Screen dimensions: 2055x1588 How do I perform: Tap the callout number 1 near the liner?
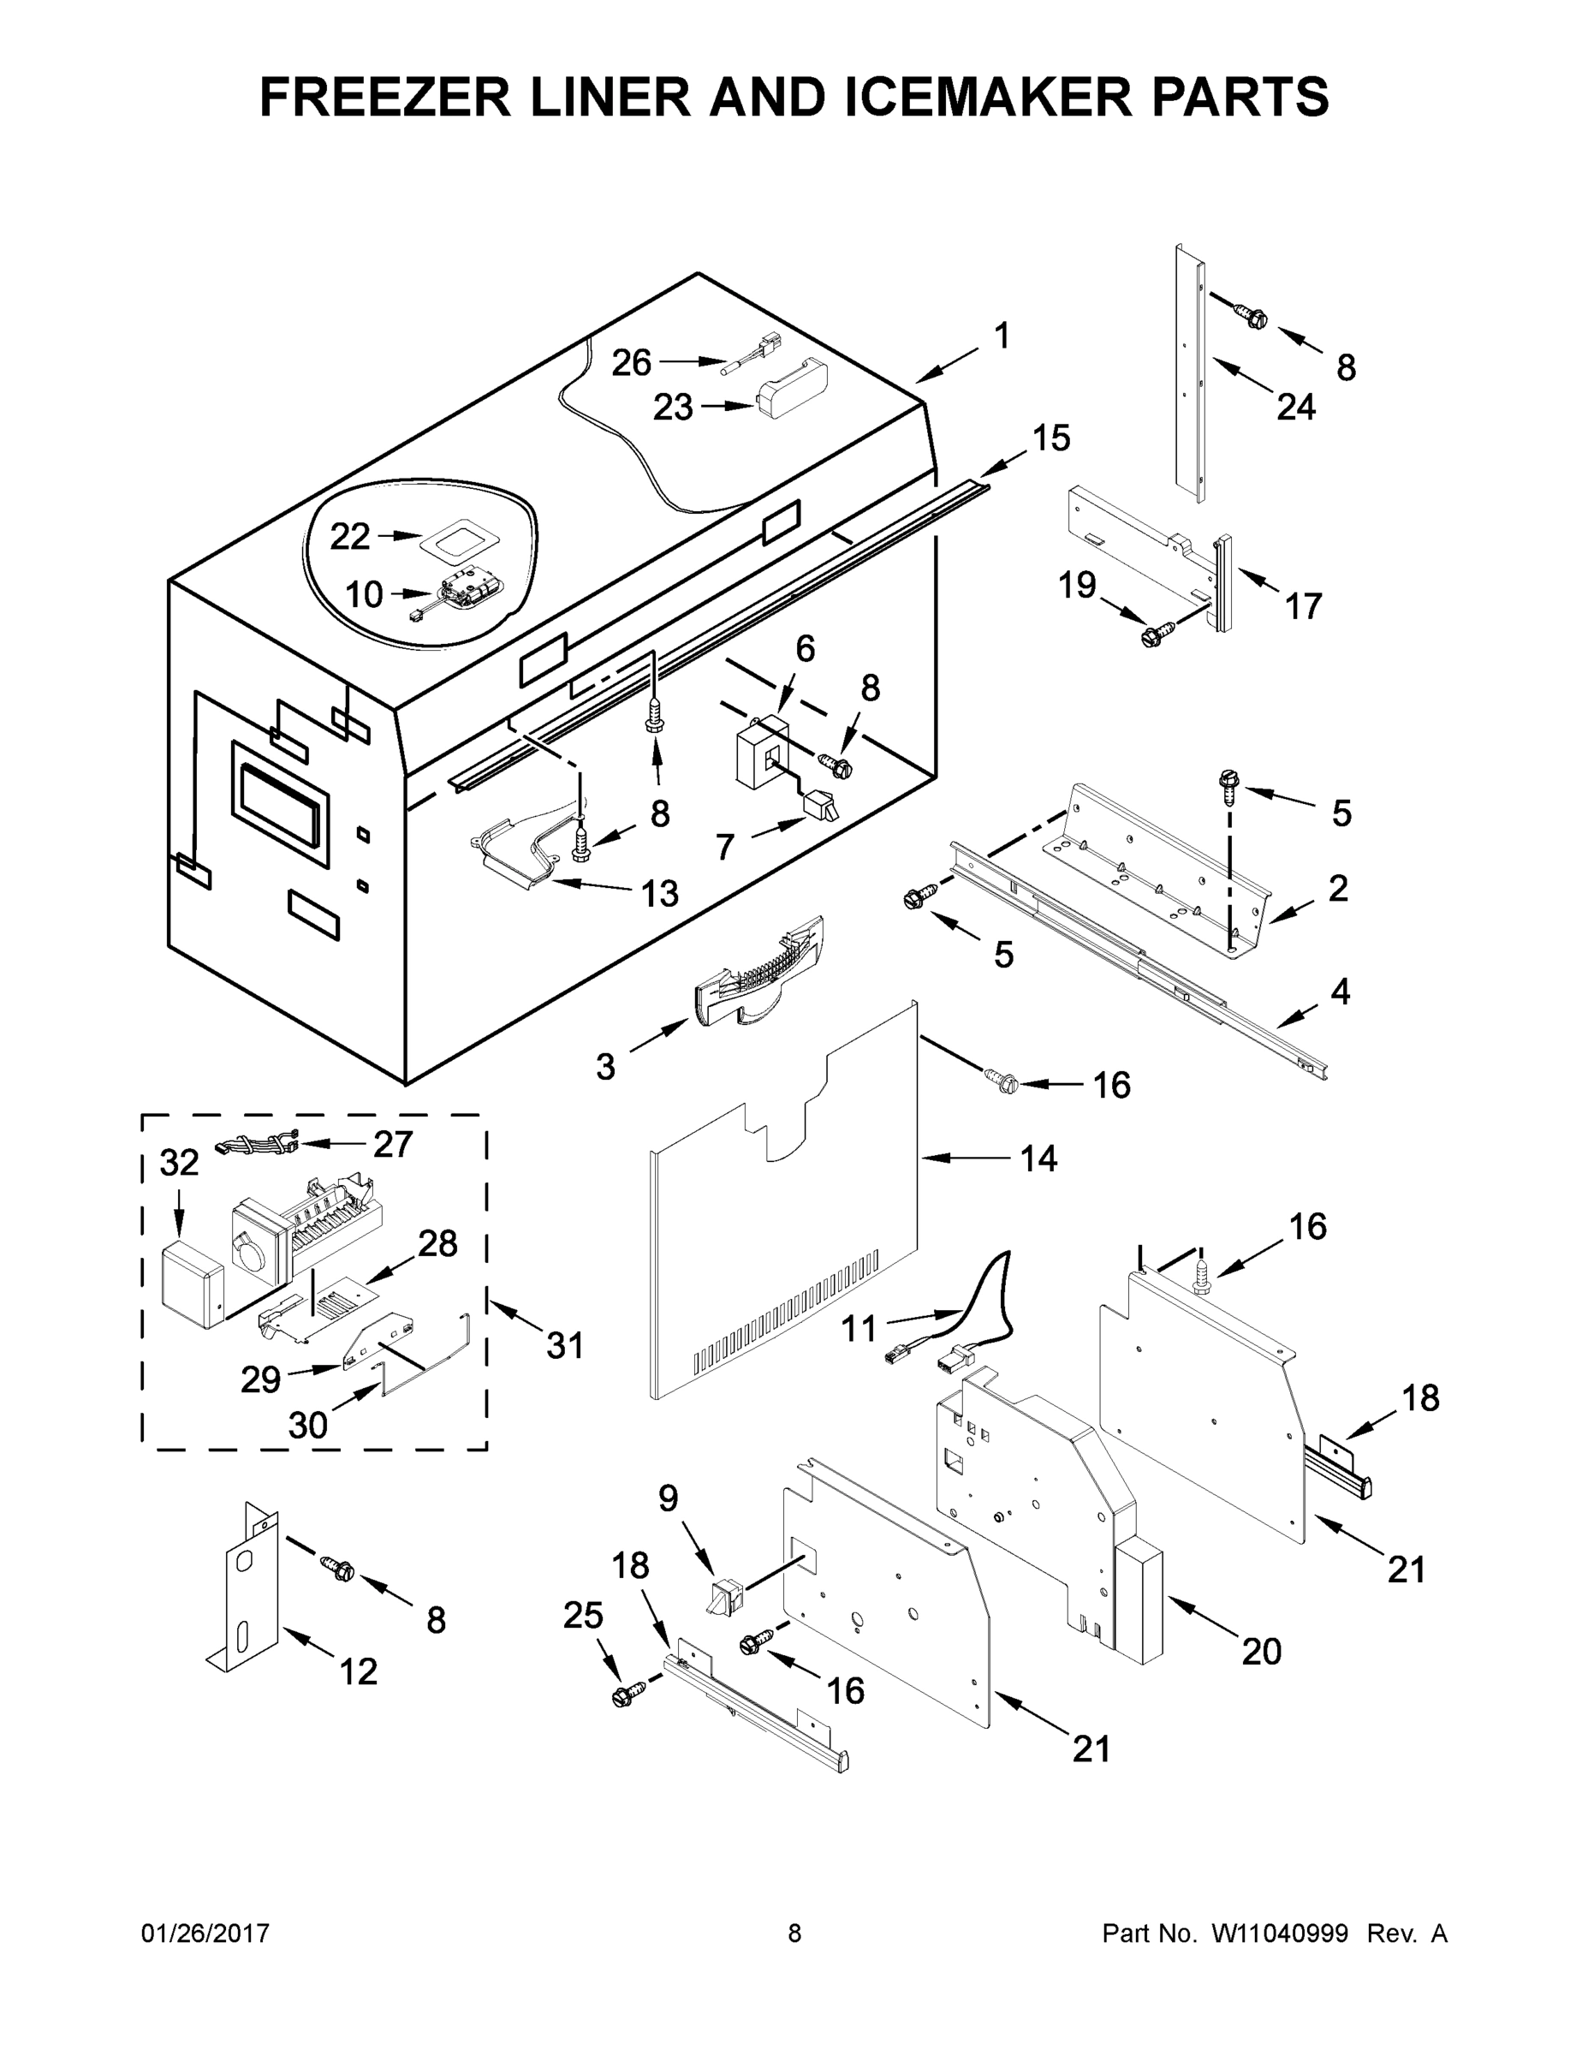tap(1002, 335)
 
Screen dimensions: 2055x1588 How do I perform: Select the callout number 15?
tap(1051, 438)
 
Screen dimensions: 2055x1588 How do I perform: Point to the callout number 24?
tap(1295, 407)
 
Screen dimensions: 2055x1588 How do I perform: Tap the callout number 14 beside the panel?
tap(1038, 1159)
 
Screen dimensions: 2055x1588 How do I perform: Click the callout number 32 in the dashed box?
tap(180, 1163)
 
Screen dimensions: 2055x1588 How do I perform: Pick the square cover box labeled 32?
tap(192, 1284)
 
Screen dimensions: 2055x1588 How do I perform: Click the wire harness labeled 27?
tap(257, 1146)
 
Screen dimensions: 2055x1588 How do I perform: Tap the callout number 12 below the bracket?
tap(358, 1671)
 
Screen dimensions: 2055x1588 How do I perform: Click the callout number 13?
tap(659, 893)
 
